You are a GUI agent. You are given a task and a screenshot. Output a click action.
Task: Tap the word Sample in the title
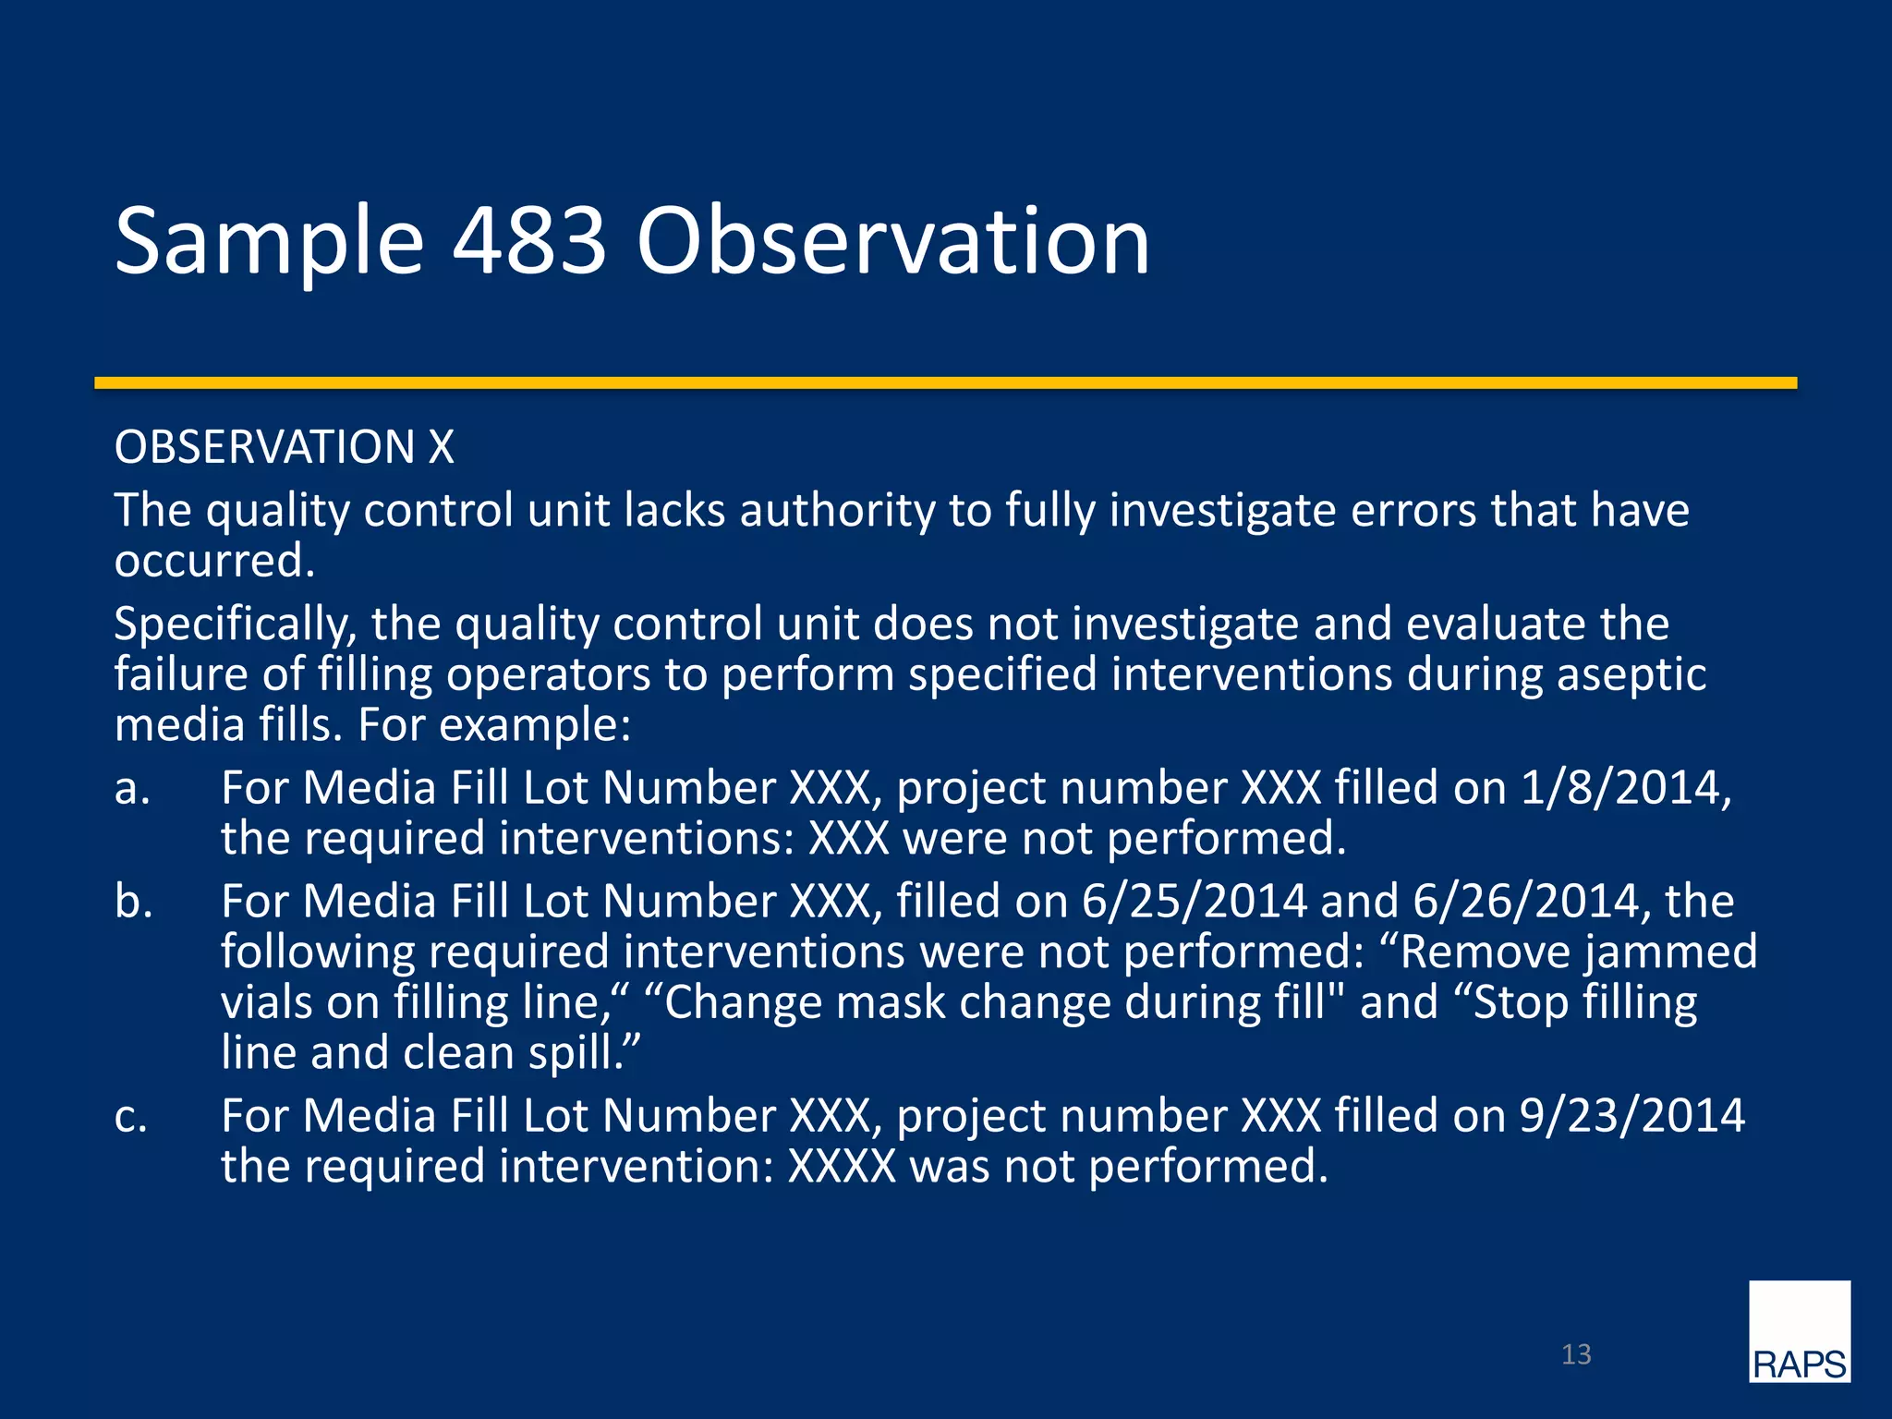[x=269, y=242]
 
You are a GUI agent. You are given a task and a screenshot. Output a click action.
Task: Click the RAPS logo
[x=1799, y=1331]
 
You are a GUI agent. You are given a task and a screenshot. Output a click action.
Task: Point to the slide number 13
[x=1576, y=1354]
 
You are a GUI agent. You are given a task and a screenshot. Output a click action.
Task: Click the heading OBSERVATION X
[x=284, y=447]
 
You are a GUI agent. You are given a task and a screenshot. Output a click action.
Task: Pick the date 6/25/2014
[x=1194, y=902]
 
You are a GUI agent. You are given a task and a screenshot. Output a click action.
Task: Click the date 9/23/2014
[x=1631, y=1116]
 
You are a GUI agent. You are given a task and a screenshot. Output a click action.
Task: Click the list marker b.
[x=133, y=902]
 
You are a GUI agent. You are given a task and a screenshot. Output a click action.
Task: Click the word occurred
[x=213, y=562]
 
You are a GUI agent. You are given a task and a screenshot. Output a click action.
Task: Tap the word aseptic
[x=1631, y=675]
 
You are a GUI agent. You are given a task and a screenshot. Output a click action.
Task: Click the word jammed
[x=1670, y=952]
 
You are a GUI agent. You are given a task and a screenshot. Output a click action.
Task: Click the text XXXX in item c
[x=841, y=1167]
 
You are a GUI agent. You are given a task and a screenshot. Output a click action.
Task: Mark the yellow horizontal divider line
[x=945, y=382]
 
